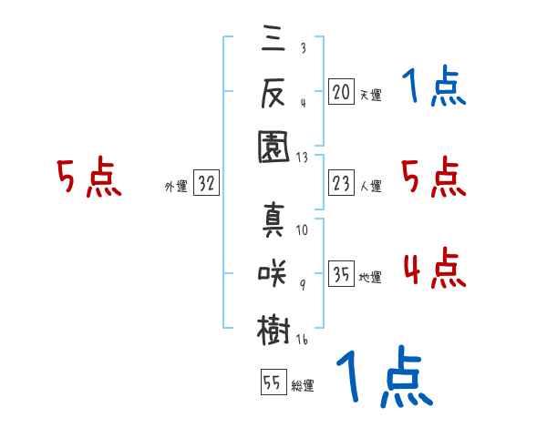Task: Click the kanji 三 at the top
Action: coord(273,37)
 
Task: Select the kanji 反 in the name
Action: coord(273,92)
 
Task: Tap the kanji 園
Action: coord(273,147)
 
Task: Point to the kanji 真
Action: coord(273,219)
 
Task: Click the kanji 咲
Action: coord(272,273)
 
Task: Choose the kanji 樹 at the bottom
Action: coord(273,330)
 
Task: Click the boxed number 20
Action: coord(341,91)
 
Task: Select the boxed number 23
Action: coord(341,183)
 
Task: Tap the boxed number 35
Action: coord(341,273)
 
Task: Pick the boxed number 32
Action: coord(206,183)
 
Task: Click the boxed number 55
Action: coord(273,382)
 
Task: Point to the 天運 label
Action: coord(371,95)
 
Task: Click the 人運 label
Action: coord(371,186)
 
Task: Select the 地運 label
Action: coord(370,278)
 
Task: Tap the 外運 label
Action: coord(176,186)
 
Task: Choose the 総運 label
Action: coord(303,385)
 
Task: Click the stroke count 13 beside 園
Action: coord(302,158)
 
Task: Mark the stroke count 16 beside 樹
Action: coord(302,340)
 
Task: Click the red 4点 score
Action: coord(435,268)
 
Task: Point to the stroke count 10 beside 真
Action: coord(302,230)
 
